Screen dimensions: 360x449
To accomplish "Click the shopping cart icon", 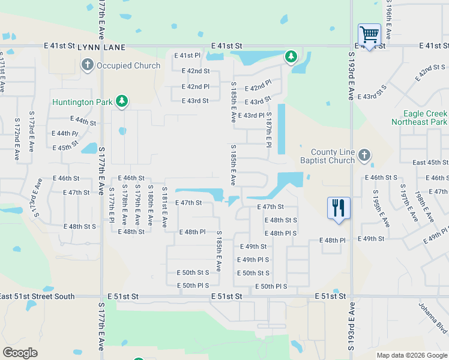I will click(x=369, y=34).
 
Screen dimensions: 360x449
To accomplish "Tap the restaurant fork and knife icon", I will click(x=339, y=208).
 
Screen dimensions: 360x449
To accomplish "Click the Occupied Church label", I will click(x=128, y=66).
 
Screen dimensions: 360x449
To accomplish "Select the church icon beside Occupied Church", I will click(x=87, y=65).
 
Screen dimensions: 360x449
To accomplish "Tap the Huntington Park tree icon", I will click(x=122, y=101).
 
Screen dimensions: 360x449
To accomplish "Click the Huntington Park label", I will click(x=82, y=102).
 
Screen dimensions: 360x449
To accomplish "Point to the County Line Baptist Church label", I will click(x=333, y=157).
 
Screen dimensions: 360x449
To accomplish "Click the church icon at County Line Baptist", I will click(x=364, y=156).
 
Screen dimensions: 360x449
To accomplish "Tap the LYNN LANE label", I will click(x=101, y=46).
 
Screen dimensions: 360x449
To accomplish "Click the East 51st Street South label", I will click(x=37, y=296).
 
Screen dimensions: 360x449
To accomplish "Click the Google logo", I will click(x=20, y=353).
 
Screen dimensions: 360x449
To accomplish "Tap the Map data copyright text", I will click(x=412, y=355).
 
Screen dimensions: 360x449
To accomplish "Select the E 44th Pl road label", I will click(x=65, y=134).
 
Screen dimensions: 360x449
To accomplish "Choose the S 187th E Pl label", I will click(x=269, y=130).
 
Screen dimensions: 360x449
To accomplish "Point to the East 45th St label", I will click(x=430, y=163).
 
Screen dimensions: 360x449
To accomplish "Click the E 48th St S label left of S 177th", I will click(x=79, y=227).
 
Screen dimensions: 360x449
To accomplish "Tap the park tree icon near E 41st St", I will click(x=291, y=57).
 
